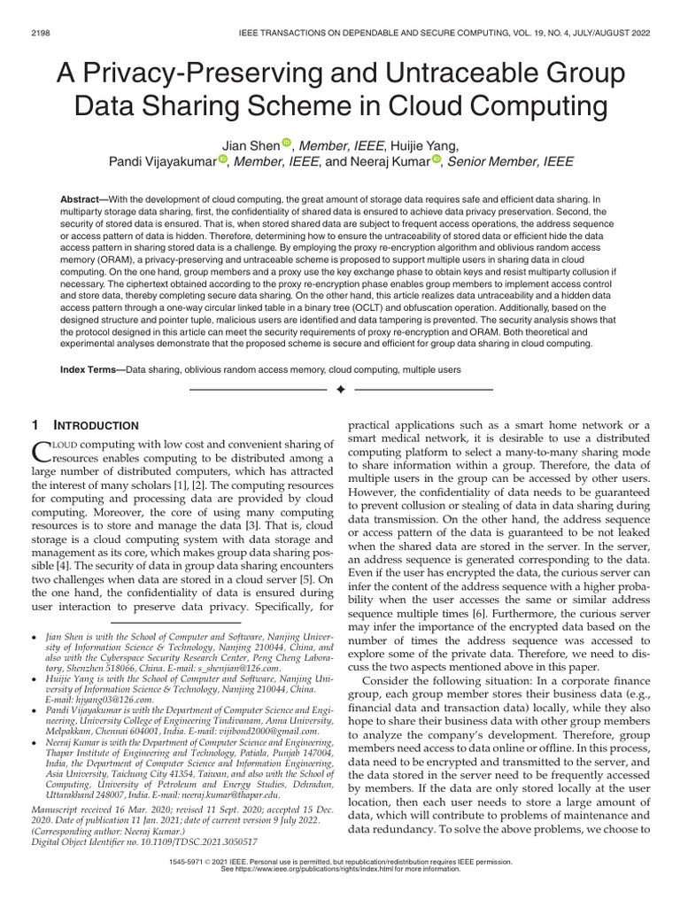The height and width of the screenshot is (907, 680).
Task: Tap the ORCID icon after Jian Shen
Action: (x=286, y=143)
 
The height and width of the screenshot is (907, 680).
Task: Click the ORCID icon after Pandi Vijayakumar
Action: (x=222, y=160)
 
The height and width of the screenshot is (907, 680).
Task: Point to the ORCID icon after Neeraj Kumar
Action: (x=437, y=160)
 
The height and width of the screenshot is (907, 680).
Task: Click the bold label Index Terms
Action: (x=92, y=367)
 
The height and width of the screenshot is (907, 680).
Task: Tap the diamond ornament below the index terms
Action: (x=340, y=390)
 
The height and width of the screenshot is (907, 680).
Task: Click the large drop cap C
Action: (x=42, y=452)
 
